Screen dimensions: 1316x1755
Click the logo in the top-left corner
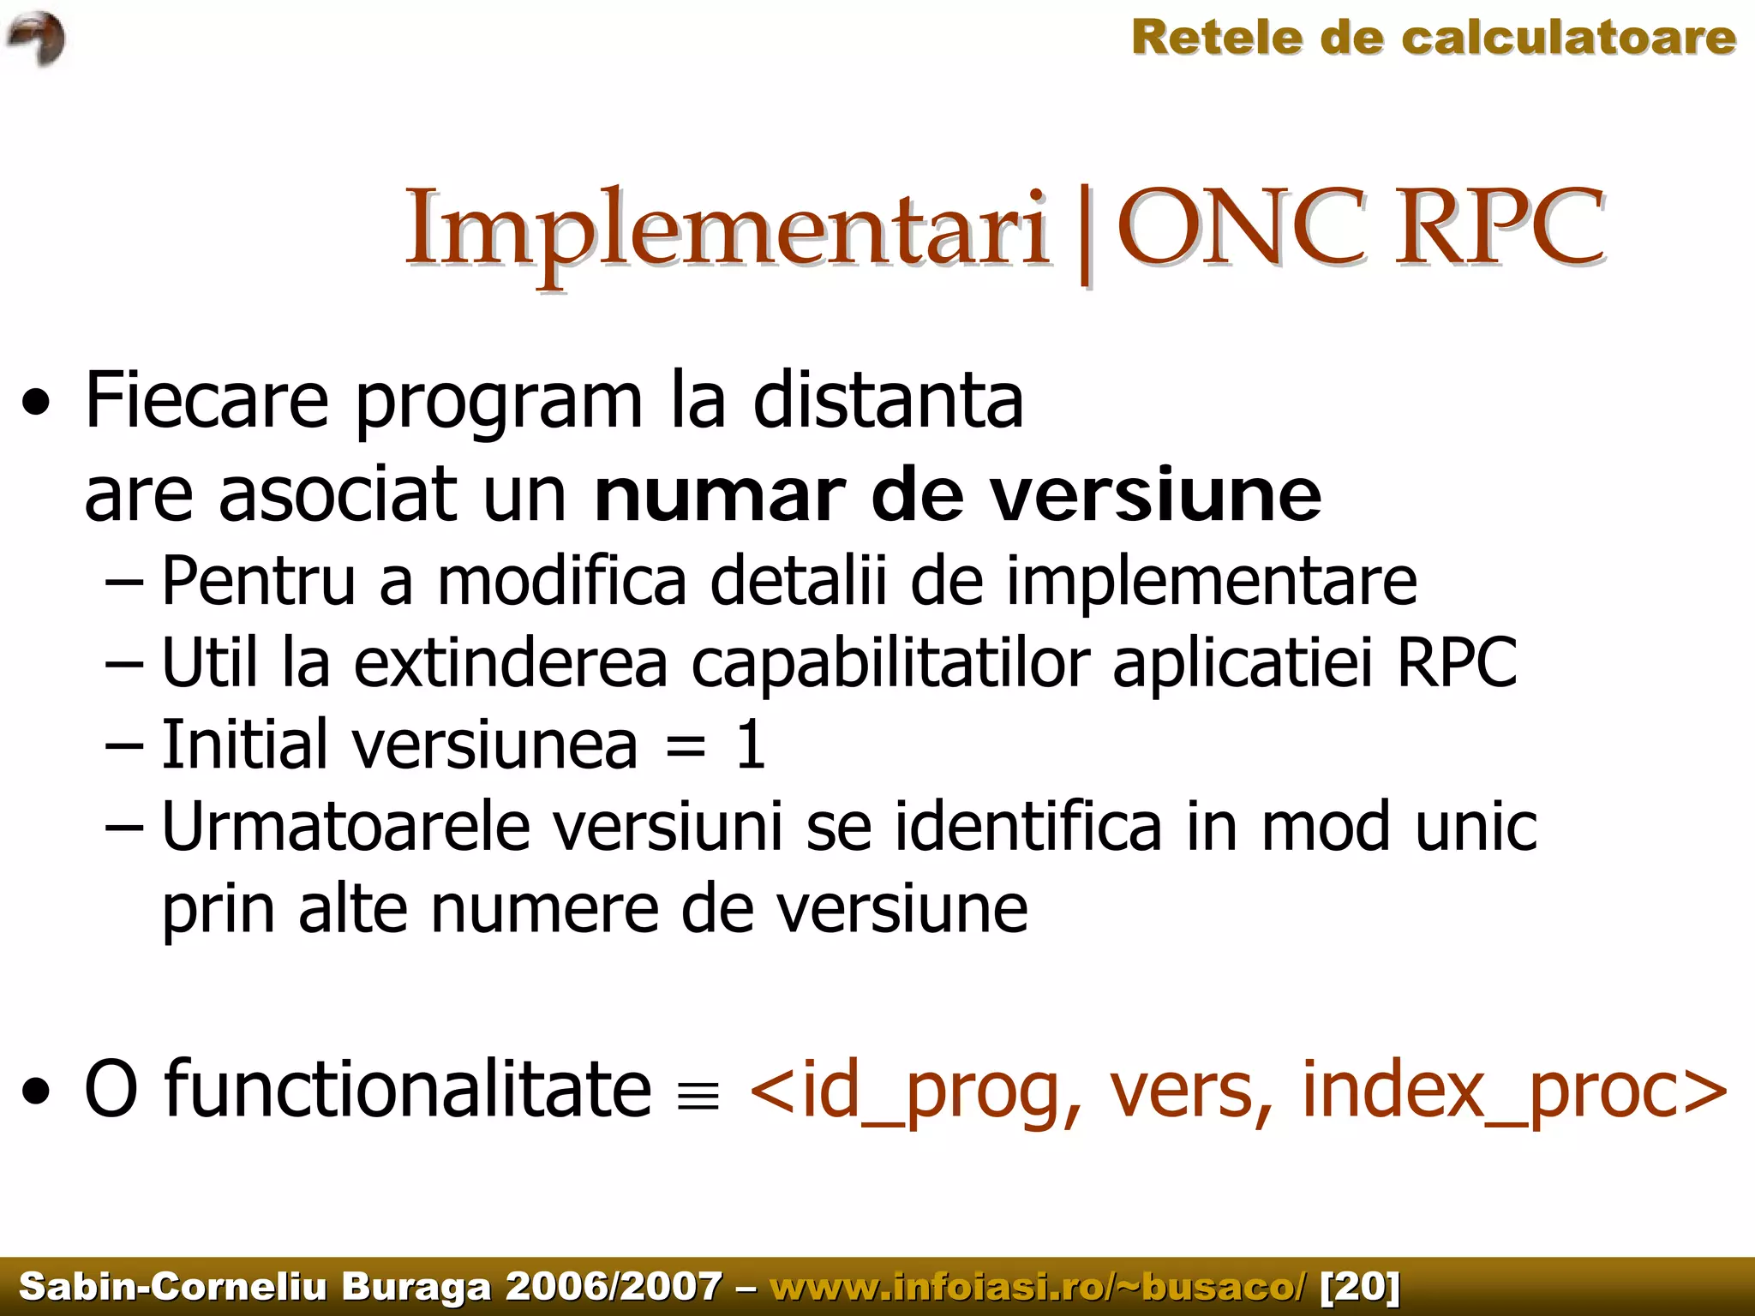[36, 39]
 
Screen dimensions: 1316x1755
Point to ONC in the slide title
[1243, 226]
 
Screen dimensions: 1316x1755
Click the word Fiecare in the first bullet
[207, 400]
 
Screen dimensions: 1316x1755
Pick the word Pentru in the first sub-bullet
[258, 581]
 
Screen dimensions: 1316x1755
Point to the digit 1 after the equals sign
[751, 745]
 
